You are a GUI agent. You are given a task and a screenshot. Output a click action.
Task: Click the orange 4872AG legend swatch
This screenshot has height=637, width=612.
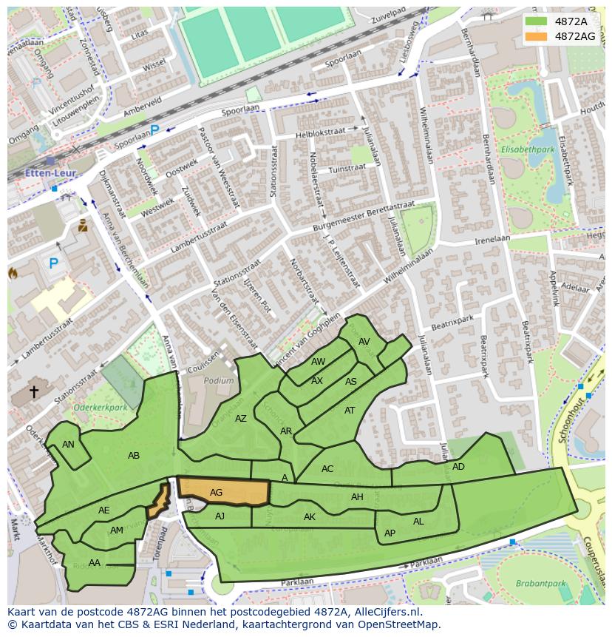(537, 36)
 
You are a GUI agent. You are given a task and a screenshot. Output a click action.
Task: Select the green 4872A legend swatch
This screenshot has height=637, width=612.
(537, 21)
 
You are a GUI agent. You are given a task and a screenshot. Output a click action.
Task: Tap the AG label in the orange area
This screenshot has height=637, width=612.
(216, 492)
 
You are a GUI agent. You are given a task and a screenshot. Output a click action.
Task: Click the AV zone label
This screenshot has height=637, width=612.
(364, 342)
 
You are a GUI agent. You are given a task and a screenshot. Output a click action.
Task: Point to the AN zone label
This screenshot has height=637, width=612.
(68, 445)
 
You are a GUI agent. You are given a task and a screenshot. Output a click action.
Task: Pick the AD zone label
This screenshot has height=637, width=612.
(458, 467)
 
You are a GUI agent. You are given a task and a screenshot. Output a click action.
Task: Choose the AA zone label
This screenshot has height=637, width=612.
(94, 562)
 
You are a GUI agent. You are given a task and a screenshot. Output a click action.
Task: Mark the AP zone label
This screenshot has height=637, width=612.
(390, 533)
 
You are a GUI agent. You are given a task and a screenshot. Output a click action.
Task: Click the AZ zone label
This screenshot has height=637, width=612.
(241, 418)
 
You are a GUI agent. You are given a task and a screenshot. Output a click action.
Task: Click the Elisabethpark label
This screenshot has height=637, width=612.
(527, 149)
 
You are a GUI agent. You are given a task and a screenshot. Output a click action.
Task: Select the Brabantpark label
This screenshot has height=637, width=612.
(540, 584)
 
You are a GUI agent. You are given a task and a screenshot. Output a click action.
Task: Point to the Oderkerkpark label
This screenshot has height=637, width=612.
(100, 407)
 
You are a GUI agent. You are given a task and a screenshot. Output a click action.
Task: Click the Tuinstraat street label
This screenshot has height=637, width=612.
(347, 169)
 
